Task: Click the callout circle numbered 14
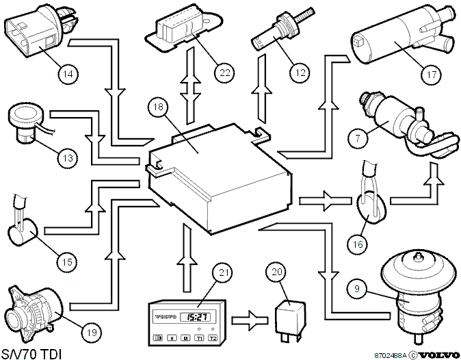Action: [68, 73]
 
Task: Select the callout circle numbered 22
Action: [224, 72]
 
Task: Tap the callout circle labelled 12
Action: [300, 72]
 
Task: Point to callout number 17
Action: [432, 75]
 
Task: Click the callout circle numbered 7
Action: [358, 138]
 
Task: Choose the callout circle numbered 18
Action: [158, 107]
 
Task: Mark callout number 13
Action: [68, 158]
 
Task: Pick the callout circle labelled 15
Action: [67, 261]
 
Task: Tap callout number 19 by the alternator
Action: [92, 333]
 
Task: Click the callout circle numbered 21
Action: [224, 272]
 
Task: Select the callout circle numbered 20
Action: [276, 272]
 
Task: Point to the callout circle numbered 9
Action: [357, 288]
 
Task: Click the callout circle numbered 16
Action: [358, 244]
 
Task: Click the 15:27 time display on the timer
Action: [198, 317]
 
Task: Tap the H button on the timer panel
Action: [172, 338]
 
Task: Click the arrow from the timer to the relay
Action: [250, 320]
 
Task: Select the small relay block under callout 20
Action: [289, 319]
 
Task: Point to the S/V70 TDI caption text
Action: [31, 354]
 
